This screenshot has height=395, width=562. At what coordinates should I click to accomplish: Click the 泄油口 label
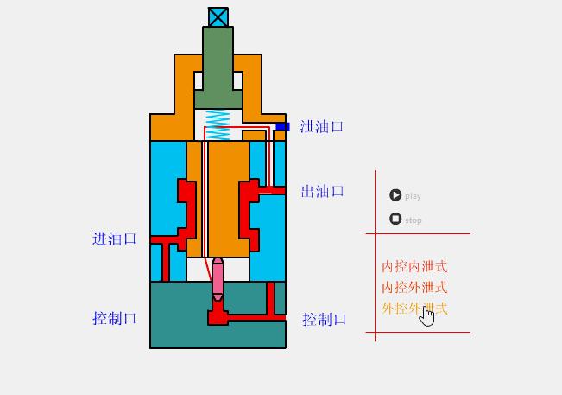pyautogui.click(x=321, y=127)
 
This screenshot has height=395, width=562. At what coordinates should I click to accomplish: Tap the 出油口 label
pyautogui.click(x=322, y=192)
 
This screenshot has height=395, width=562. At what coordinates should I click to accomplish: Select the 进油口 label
pyautogui.click(x=114, y=239)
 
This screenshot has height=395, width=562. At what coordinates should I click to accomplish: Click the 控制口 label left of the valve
pyautogui.click(x=114, y=318)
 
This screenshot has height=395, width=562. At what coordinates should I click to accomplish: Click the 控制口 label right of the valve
pyautogui.click(x=324, y=320)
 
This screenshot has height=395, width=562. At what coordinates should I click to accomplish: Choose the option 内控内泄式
pyautogui.click(x=414, y=267)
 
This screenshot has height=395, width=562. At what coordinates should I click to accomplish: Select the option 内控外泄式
pyautogui.click(x=414, y=288)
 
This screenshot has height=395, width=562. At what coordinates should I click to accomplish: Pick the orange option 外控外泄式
pyautogui.click(x=402, y=309)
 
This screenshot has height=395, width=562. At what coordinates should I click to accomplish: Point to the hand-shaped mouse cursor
pyautogui.click(x=427, y=317)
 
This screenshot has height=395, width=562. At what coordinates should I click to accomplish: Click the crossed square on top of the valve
pyautogui.click(x=218, y=17)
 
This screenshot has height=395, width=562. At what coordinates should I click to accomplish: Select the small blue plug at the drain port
pyautogui.click(x=281, y=127)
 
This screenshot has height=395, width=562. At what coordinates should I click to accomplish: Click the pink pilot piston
pyautogui.click(x=218, y=279)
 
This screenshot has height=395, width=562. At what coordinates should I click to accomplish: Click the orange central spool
pyautogui.click(x=227, y=199)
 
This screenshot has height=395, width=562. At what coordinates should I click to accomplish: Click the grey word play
pyautogui.click(x=413, y=196)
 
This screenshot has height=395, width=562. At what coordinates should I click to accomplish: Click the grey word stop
pyautogui.click(x=414, y=220)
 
